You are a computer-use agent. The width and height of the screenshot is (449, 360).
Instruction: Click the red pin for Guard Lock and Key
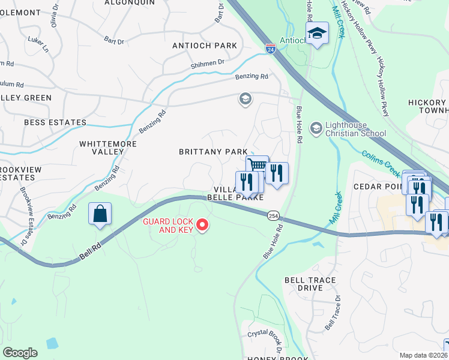coord(202,225)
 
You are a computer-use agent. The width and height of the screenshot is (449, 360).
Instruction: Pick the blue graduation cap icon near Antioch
coord(317,34)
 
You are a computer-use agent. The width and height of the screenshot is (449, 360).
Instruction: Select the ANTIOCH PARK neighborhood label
coord(204,46)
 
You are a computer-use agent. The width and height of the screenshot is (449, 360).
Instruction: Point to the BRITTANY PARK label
coord(213,152)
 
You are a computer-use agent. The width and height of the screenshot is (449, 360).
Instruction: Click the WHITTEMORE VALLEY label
coord(108,148)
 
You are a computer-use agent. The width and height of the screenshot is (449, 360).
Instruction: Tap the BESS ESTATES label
coord(55,122)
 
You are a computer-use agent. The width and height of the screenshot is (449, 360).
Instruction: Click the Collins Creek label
coord(381,163)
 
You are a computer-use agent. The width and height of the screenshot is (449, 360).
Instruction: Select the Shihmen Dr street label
coord(208,62)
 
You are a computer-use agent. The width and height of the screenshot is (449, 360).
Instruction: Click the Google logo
coord(20,353)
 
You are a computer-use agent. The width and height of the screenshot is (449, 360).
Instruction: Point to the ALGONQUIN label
coord(129,2)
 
